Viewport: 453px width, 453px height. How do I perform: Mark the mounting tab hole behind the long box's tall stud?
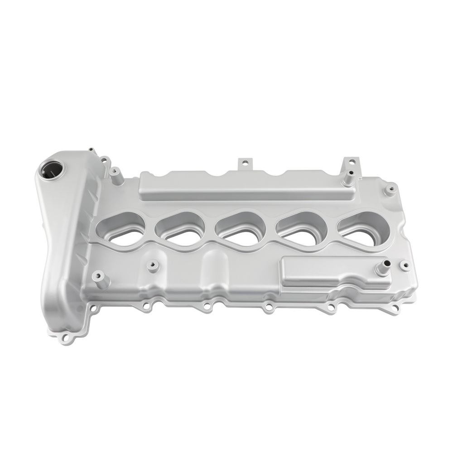tap(351, 162)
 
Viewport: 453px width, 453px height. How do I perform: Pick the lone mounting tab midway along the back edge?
tap(245, 162)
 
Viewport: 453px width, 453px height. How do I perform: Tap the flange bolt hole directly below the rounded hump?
tap(206, 307)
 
